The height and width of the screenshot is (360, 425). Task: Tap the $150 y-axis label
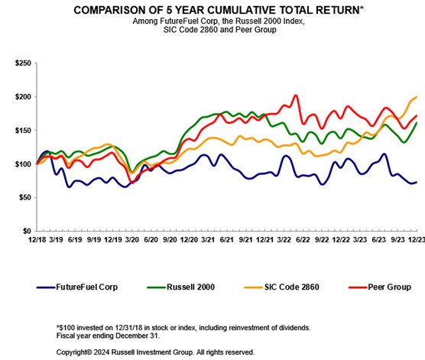pyautogui.click(x=24, y=131)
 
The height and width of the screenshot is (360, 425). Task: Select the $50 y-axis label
pyautogui.click(x=25, y=197)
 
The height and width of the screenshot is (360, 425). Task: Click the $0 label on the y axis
pyautogui.click(x=28, y=231)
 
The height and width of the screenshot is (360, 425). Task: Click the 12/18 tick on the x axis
pyautogui.click(x=37, y=240)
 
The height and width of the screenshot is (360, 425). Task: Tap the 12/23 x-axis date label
pyautogui.click(x=414, y=240)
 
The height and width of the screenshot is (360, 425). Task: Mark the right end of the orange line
pyautogui.click(x=416, y=97)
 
